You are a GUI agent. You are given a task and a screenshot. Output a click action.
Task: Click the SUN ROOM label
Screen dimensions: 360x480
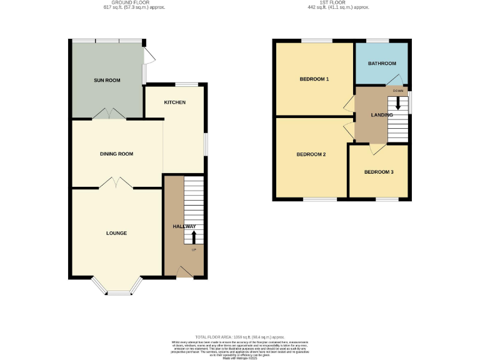click(107, 81)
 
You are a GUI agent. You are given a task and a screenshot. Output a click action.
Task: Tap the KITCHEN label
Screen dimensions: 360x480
click(175, 102)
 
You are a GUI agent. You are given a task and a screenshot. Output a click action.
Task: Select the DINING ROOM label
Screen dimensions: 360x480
click(117, 154)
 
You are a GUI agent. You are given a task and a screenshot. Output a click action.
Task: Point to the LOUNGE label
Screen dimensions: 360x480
click(116, 233)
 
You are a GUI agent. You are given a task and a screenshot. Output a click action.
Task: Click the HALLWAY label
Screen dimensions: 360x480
click(184, 227)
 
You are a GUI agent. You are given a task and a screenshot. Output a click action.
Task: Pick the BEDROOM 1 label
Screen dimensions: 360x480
click(314, 79)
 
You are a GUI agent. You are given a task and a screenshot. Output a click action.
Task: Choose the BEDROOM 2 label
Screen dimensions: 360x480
click(311, 154)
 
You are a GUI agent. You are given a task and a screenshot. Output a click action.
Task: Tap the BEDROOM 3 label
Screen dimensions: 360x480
click(379, 172)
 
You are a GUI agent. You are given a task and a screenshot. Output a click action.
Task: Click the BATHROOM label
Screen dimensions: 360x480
click(382, 64)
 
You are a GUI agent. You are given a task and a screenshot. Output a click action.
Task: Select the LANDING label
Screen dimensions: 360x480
click(381, 115)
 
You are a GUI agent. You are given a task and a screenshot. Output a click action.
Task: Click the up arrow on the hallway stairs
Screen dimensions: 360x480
click(193, 237)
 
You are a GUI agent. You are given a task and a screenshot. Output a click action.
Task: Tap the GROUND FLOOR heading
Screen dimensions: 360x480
click(134, 3)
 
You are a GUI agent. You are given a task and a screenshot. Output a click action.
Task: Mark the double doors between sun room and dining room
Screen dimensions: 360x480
click(109, 114)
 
